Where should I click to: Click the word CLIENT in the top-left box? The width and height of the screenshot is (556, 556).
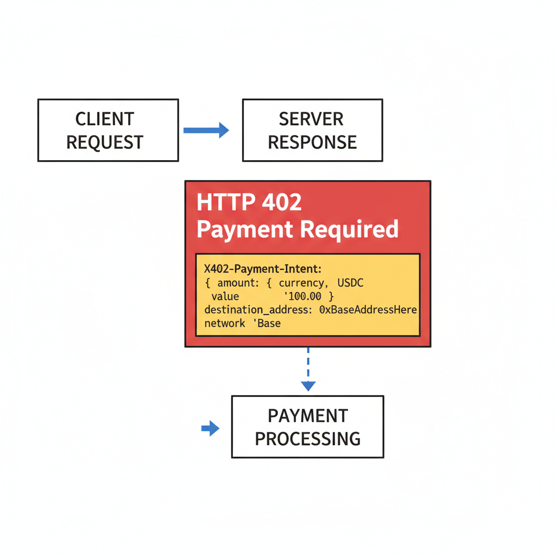104,119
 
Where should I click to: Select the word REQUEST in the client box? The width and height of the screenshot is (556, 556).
104,142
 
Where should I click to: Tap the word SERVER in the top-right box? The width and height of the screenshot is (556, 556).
311,119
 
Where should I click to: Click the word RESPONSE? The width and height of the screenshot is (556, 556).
312,142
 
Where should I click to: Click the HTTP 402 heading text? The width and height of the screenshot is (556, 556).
249,203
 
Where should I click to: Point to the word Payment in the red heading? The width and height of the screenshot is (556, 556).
245,230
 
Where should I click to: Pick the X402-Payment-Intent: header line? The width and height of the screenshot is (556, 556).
263,269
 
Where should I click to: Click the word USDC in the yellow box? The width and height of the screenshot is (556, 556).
350,283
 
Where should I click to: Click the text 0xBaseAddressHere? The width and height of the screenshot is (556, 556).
368,310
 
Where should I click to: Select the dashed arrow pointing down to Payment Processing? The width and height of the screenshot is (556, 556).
308,369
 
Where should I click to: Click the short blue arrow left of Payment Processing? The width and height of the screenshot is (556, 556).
210,428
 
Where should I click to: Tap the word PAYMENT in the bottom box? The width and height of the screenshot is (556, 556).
307,416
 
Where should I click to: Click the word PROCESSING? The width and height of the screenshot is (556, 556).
307,439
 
